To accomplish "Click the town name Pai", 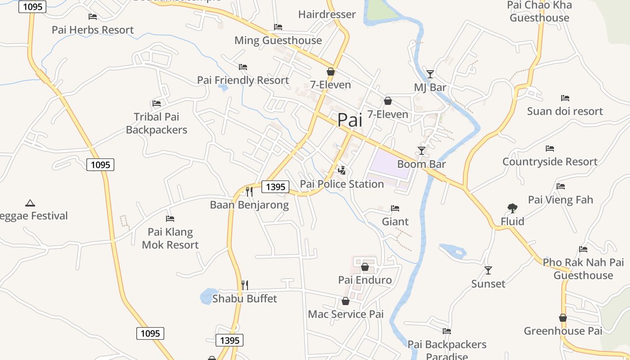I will coord(350,120).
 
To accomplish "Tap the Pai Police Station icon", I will coord(342,170).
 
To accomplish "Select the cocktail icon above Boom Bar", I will coord(422,151).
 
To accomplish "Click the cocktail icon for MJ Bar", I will coord(430,74).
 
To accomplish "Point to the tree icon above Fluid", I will coord(512,208).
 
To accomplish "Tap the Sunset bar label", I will coord(488,284).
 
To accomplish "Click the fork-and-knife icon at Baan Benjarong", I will coord(249,192).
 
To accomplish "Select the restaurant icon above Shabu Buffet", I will coord(244,285).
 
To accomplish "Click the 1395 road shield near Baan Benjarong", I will coord(275,187).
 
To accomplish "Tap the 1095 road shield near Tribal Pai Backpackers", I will coord(100,165).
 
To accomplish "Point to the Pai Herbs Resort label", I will coord(93,30).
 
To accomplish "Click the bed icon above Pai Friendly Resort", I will coord(243,67).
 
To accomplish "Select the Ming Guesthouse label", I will coord(278,40).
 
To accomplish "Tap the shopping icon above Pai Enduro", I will coord(364,267).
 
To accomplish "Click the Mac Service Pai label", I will coord(346,314).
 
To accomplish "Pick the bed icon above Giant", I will coord(395,208).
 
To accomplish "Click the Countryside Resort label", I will coord(550,162).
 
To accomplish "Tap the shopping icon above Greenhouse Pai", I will coord(562,318).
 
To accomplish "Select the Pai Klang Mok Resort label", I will coord(170,238).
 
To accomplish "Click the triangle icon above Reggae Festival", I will coord(30,203).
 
